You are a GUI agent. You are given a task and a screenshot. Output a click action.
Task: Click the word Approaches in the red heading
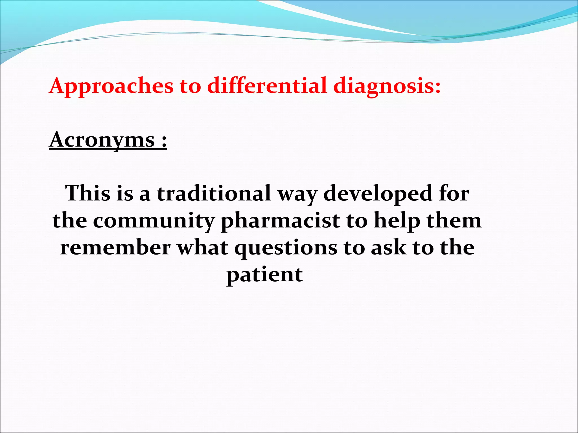click(111, 86)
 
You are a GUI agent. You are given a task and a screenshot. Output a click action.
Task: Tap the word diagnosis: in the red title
click(387, 86)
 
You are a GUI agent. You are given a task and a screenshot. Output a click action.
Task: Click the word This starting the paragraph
click(88, 193)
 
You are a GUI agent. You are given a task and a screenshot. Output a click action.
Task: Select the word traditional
click(214, 193)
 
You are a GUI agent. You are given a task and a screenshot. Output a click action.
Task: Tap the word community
click(154, 221)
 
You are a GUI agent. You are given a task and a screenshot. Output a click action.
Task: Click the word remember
click(115, 248)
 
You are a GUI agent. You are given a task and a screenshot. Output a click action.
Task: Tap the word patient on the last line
click(264, 275)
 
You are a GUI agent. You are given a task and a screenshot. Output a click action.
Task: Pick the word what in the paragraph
click(202, 248)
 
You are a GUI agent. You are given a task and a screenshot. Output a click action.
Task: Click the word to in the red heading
click(190, 86)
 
